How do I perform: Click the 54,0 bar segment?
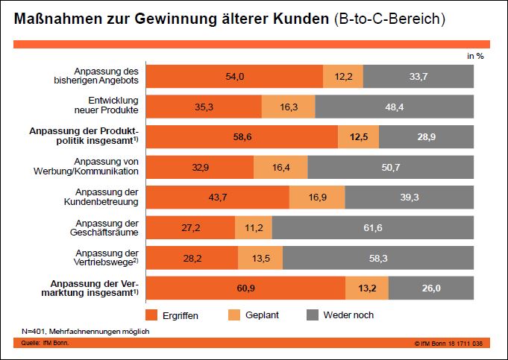[234, 76]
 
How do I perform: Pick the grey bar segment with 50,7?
[390, 168]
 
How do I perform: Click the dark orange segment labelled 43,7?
[217, 198]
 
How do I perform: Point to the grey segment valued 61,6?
[373, 228]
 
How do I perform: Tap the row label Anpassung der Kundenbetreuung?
[107, 198]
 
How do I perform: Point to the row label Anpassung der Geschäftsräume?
[107, 228]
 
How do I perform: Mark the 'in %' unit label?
[475, 56]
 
